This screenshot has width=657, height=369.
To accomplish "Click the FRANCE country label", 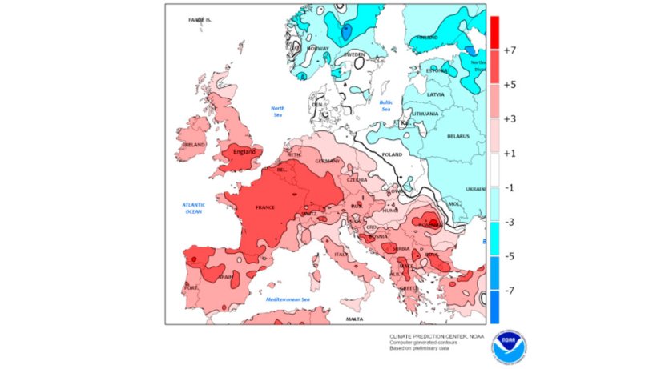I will (265, 207).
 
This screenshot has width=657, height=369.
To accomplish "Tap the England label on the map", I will (244, 151).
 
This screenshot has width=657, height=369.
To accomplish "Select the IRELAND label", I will (194, 145).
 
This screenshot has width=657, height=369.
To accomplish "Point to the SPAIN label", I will (225, 277).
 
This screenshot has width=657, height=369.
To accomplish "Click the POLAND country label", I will (393, 154).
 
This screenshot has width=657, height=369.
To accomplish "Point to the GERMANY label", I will (328, 161).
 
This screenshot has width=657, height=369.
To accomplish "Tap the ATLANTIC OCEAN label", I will (193, 208).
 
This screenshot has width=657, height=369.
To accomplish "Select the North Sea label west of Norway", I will (277, 110).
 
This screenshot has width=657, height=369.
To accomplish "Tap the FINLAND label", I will (426, 38).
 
